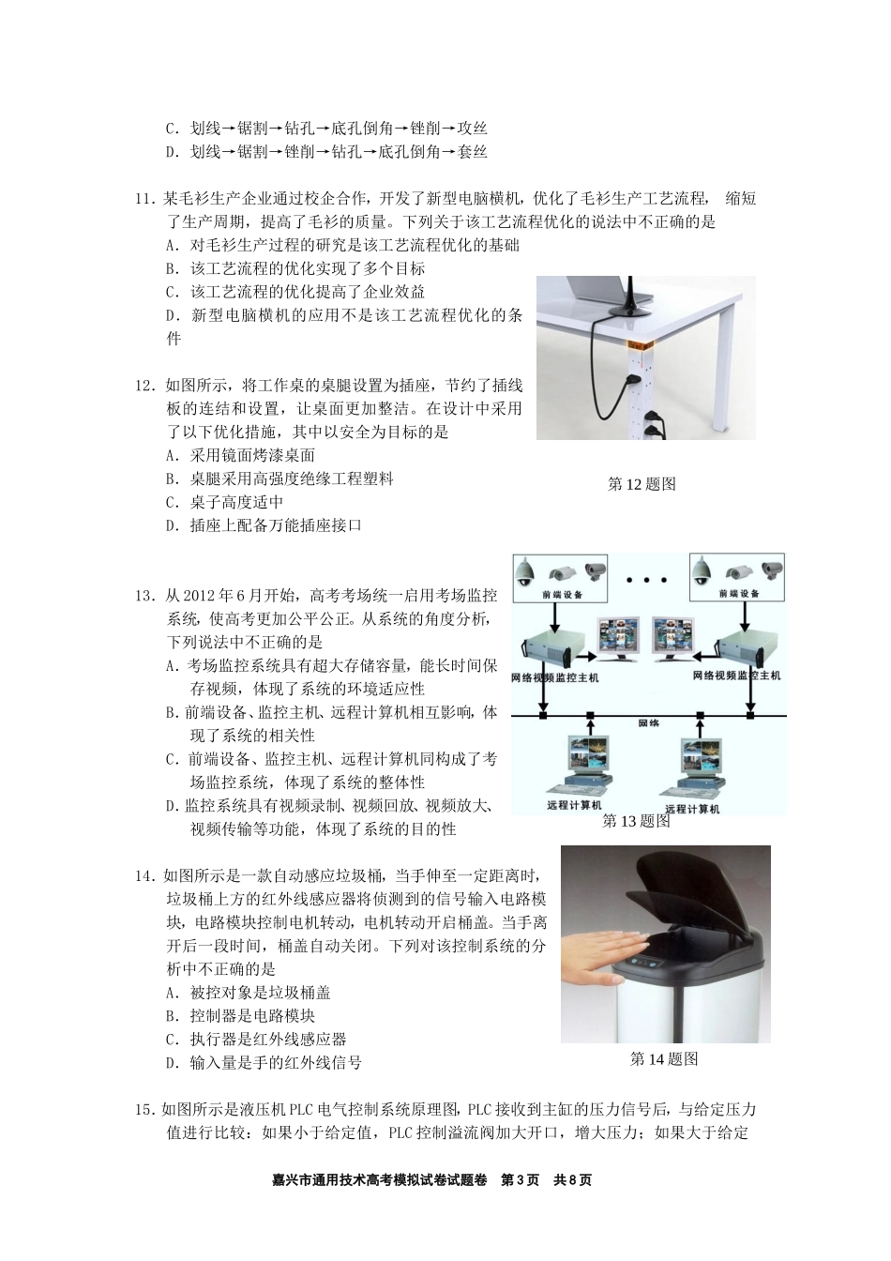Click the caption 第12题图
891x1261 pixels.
pyautogui.click(x=642, y=484)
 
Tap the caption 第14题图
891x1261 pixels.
pyautogui.click(x=664, y=1059)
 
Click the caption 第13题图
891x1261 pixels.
pyautogui.click(x=636, y=821)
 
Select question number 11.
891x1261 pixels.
pyautogui.click(x=145, y=199)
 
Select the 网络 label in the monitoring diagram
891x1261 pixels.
pyautogui.click(x=648, y=723)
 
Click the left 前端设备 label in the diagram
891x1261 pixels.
pyautogui.click(x=561, y=594)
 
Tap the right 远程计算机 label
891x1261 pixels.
pyautogui.click(x=691, y=808)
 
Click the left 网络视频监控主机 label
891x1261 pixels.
pyautogui.click(x=554, y=676)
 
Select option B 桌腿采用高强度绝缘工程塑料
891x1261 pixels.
pyautogui.click(x=279, y=479)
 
